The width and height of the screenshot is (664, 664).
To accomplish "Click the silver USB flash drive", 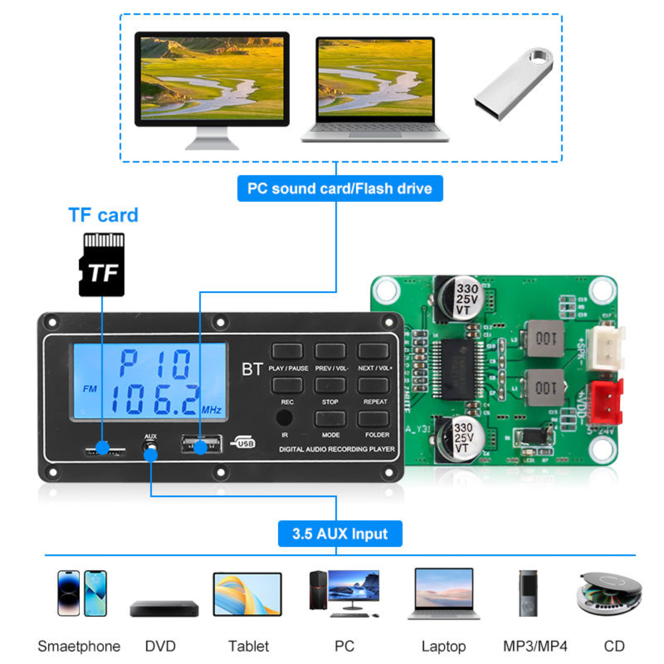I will pyautogui.click(x=513, y=84).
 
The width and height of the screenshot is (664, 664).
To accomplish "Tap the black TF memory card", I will pyautogui.click(x=102, y=264).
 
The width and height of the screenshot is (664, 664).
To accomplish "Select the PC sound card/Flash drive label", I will pyautogui.click(x=340, y=189).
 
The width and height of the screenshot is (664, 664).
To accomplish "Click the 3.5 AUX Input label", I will pyautogui.click(x=340, y=534).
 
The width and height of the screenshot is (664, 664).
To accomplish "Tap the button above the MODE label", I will pyautogui.click(x=330, y=419).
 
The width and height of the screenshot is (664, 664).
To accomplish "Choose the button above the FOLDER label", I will pyautogui.click(x=373, y=419).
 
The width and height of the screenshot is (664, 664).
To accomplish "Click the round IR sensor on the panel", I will pyautogui.click(x=284, y=418).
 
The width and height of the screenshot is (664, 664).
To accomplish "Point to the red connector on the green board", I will pyautogui.click(x=606, y=401).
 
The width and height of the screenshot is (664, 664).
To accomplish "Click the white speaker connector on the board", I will pyautogui.click(x=605, y=347).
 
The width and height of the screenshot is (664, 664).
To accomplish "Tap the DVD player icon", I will pyautogui.click(x=164, y=608).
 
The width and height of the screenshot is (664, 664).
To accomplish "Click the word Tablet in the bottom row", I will pyautogui.click(x=248, y=646).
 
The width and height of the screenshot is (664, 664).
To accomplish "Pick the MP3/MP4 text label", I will pyautogui.click(x=535, y=646).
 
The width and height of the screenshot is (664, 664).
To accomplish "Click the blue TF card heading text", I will pyautogui.click(x=103, y=215).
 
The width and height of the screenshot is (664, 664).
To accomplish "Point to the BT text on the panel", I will pyautogui.click(x=252, y=369).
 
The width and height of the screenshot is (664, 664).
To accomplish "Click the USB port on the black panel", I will pyautogui.click(x=201, y=444).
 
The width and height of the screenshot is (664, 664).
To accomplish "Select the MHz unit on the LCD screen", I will pyautogui.click(x=211, y=410).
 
